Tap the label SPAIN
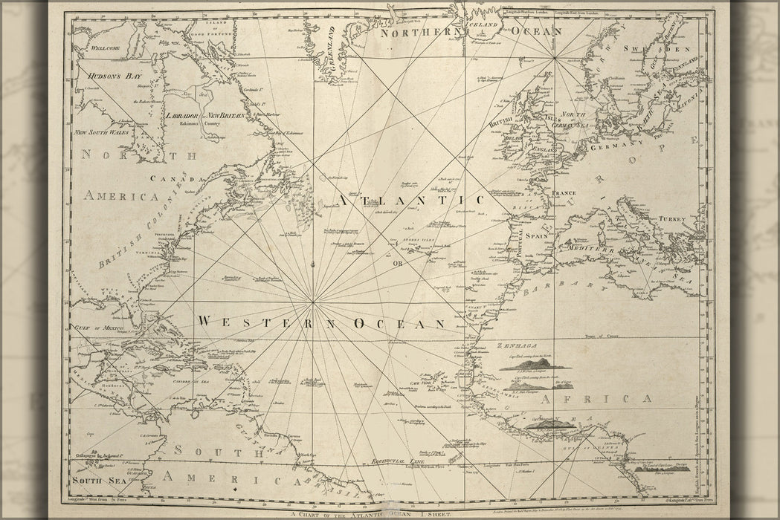536,235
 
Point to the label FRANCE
564,193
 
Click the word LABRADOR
183,116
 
